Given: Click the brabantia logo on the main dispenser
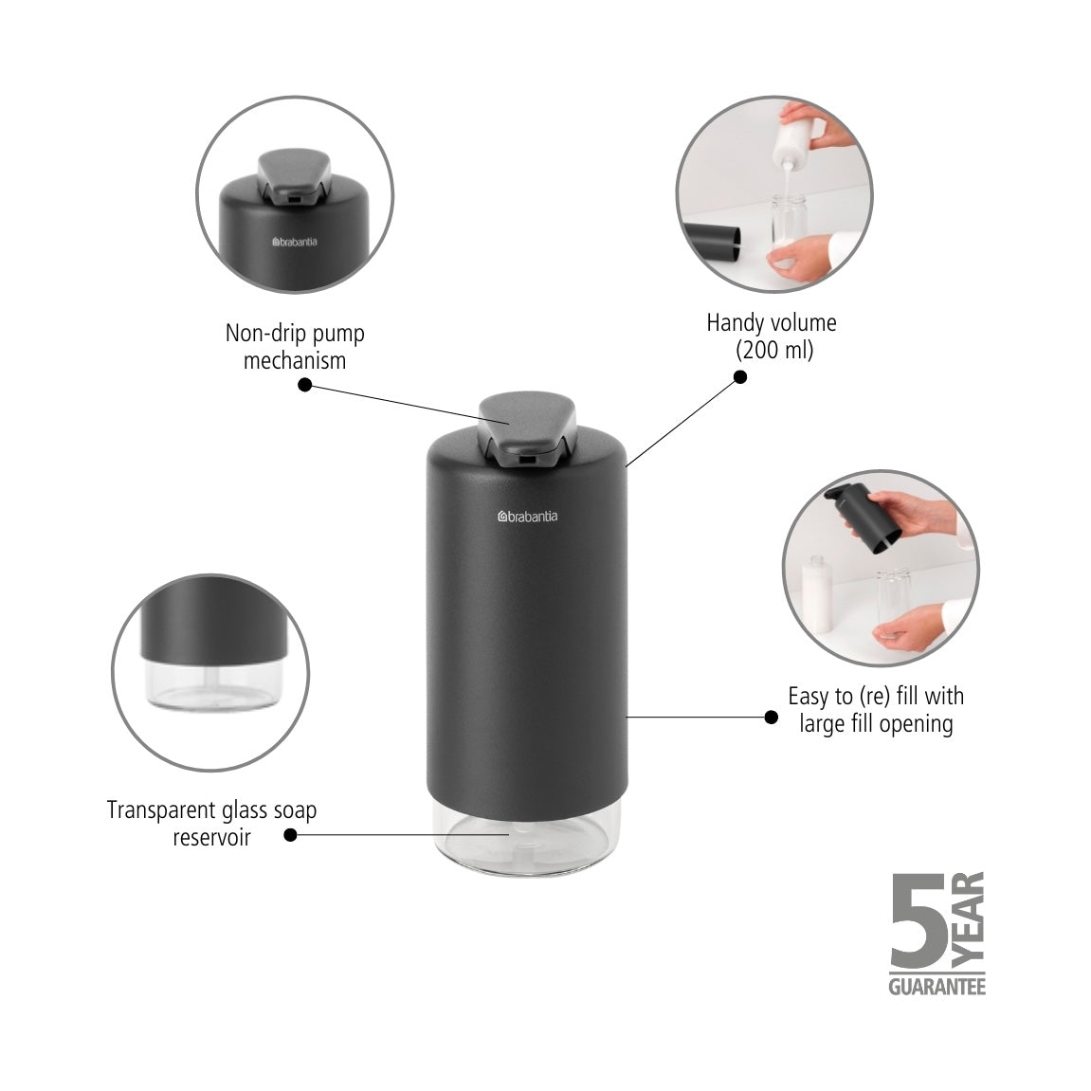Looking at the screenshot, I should pos(528,517).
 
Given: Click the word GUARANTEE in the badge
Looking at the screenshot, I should pos(936,987).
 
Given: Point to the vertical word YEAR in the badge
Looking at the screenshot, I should pos(969,914).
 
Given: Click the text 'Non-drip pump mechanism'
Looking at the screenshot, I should pos(295,347).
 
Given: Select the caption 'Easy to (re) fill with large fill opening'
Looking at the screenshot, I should pos(875,710).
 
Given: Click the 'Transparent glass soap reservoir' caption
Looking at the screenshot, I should pos(211,824).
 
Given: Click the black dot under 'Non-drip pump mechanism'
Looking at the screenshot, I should pos(304,385).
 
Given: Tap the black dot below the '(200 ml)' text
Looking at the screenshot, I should pos(740,376).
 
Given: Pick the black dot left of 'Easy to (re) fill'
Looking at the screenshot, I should pos(771,718).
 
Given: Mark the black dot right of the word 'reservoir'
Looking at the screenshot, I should pos(290,835).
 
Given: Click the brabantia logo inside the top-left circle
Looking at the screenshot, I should pos(295,242).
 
